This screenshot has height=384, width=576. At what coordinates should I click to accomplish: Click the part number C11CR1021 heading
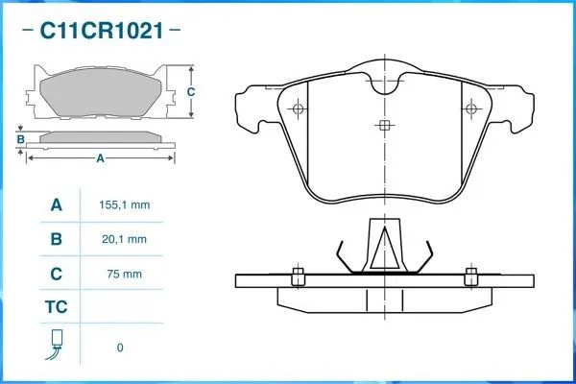coord(101,31)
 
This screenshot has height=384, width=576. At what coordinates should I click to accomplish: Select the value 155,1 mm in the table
coord(124,205)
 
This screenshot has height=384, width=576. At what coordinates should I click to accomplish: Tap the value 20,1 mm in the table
coord(124,240)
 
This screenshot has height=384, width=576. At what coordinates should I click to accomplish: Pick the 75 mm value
coord(124,275)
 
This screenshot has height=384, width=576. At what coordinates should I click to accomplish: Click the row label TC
coord(57,307)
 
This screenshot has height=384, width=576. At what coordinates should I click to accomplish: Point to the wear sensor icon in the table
coord(56,345)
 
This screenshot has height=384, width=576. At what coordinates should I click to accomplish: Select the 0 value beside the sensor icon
coord(120,348)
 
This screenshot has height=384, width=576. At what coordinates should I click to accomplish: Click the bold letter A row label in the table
coord(57,205)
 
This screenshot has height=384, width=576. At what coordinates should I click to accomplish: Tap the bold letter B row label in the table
coord(57,239)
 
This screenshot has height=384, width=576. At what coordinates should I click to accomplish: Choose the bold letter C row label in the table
coord(57,274)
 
